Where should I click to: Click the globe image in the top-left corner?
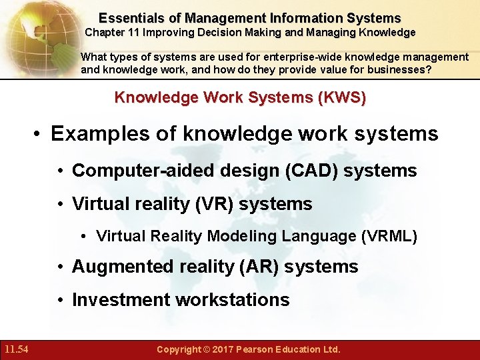37,33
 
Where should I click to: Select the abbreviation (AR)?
261,267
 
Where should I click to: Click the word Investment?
121,300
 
